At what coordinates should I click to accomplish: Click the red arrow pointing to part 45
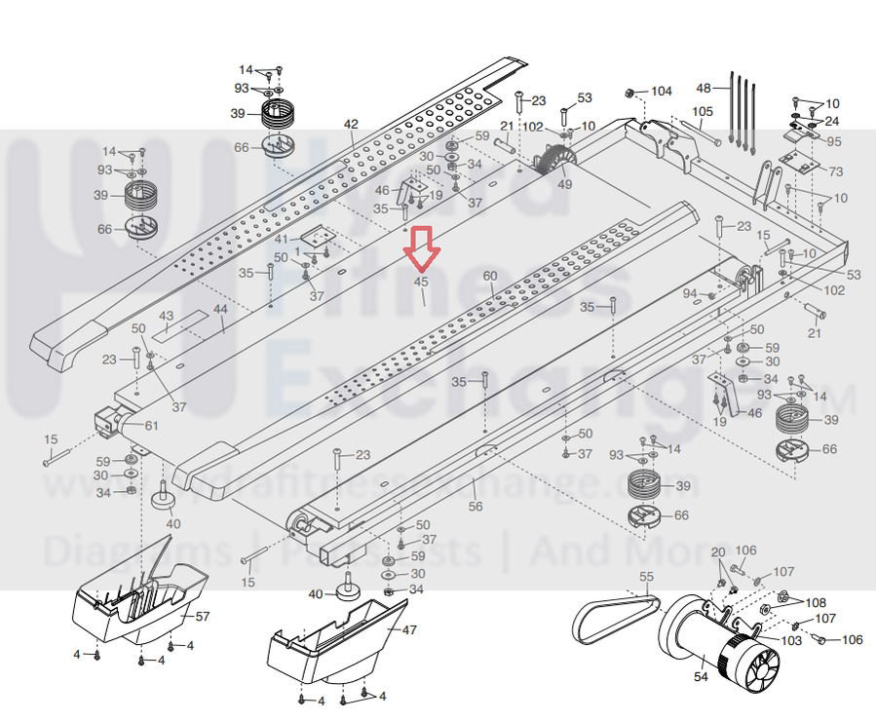(x=423, y=247)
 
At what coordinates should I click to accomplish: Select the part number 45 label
(x=422, y=282)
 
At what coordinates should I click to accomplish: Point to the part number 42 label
(x=351, y=124)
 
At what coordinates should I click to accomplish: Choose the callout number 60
(x=489, y=275)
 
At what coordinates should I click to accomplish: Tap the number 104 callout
(x=662, y=92)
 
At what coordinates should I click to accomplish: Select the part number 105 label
(x=703, y=111)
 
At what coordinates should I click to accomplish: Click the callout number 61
(x=151, y=425)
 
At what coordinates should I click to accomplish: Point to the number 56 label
(x=475, y=507)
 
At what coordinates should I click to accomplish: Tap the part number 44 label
(x=220, y=309)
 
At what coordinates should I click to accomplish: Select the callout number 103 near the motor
(x=791, y=640)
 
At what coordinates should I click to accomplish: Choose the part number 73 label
(x=835, y=171)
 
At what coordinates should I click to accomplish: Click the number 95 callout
(x=834, y=142)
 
